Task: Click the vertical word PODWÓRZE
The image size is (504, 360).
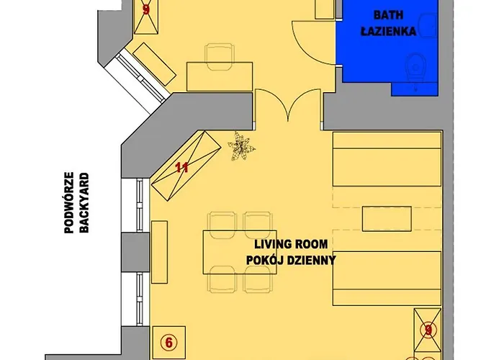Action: (70, 204)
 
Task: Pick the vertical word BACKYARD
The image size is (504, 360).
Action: (85, 204)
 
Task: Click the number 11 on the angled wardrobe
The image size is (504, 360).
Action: (182, 168)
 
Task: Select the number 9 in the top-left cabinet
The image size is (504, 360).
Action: (146, 10)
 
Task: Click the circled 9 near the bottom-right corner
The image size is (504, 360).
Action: (429, 330)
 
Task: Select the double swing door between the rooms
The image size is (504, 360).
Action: (288, 108)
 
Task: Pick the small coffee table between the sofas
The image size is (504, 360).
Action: (387, 218)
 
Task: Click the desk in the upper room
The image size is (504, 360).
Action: (220, 76)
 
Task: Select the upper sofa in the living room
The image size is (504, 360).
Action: (387, 166)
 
